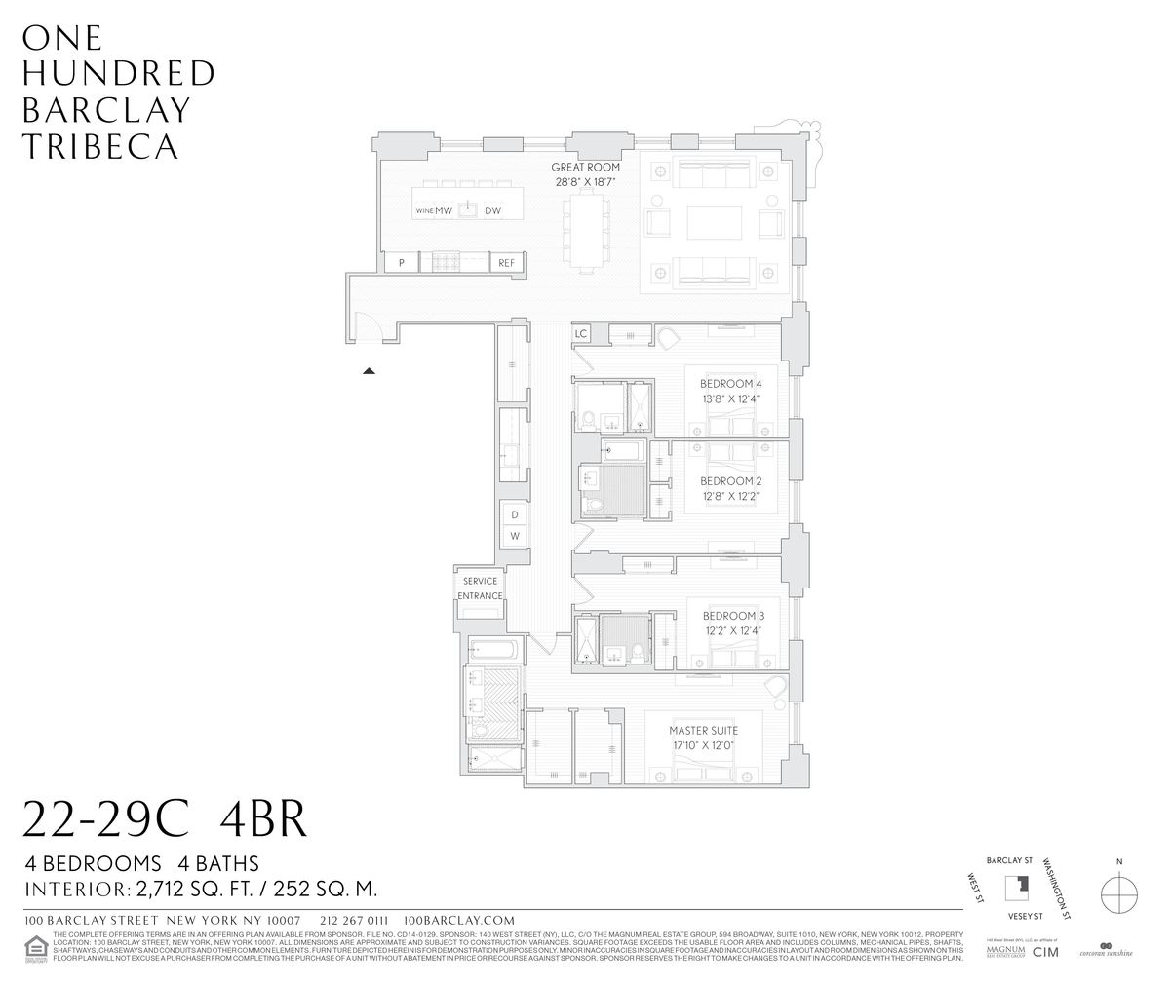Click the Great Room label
(585, 168)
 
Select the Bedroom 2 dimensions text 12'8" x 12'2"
(730, 496)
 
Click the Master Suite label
(702, 730)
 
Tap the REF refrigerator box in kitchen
(505, 263)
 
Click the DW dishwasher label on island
(492, 210)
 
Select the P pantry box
(401, 263)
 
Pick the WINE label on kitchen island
(424, 210)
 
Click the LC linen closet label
(581, 334)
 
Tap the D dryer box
(514, 514)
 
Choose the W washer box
(514, 537)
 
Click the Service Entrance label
(480, 588)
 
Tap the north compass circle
(1118, 892)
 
